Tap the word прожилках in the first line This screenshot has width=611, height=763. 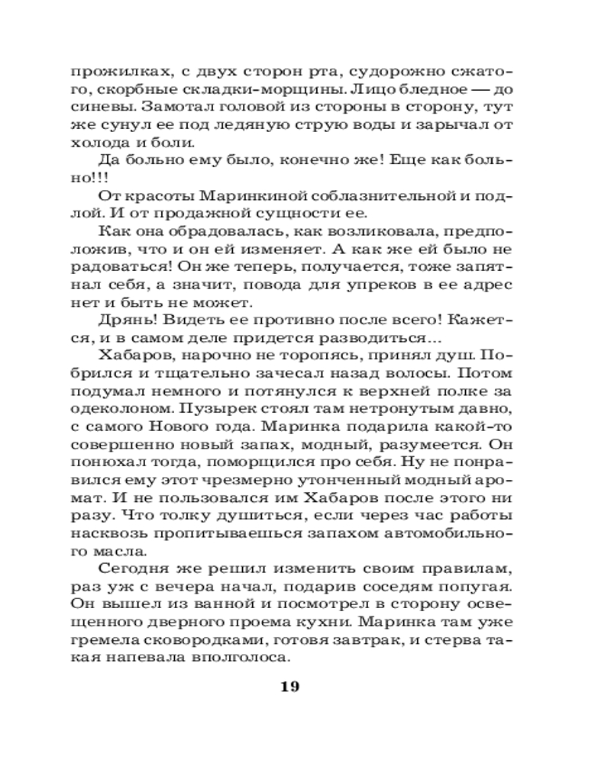113,73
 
